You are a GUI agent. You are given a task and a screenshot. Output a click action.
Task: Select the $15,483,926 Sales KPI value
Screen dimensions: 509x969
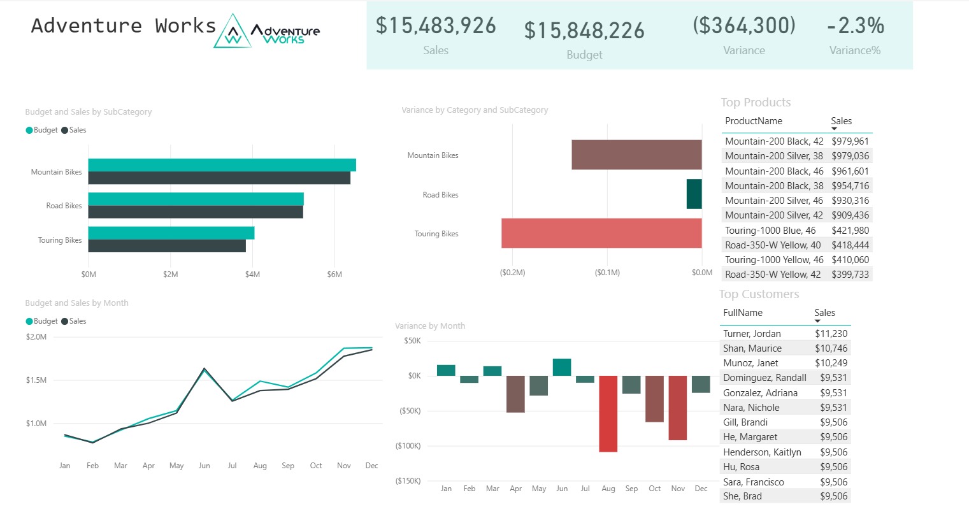pos(436,25)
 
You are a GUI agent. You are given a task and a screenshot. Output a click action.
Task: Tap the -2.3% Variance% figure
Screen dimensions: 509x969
pos(855,25)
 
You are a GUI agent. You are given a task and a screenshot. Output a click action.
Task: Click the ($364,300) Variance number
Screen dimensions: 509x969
pos(744,25)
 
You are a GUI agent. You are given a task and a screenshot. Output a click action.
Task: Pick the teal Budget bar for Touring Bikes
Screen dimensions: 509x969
pos(171,233)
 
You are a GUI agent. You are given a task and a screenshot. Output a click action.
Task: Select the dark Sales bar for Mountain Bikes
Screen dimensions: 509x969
pos(219,178)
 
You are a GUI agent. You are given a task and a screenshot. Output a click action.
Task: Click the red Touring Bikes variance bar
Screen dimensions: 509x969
pos(601,233)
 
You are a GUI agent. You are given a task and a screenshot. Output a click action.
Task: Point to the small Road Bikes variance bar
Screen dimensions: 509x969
pos(694,194)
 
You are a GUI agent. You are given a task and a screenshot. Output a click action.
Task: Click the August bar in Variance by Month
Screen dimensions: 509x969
pos(608,413)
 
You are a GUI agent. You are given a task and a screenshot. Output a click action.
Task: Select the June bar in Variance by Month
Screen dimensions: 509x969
pos(561,367)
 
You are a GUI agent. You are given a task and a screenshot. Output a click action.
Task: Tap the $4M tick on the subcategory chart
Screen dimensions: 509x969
pos(252,275)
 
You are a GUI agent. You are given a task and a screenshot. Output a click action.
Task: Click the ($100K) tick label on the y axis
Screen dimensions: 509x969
pos(408,446)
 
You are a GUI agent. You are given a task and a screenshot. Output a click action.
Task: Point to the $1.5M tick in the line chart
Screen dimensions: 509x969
pos(36,380)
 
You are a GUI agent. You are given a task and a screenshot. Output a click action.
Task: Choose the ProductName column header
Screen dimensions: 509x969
pos(753,121)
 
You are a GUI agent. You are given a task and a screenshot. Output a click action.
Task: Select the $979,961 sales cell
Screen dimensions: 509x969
pos(850,141)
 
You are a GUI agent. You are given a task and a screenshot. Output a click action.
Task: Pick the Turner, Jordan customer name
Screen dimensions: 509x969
pos(752,334)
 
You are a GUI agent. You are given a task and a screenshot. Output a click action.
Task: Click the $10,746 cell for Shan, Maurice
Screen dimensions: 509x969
pos(831,348)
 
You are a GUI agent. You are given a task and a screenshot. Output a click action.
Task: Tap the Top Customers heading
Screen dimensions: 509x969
pos(759,294)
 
